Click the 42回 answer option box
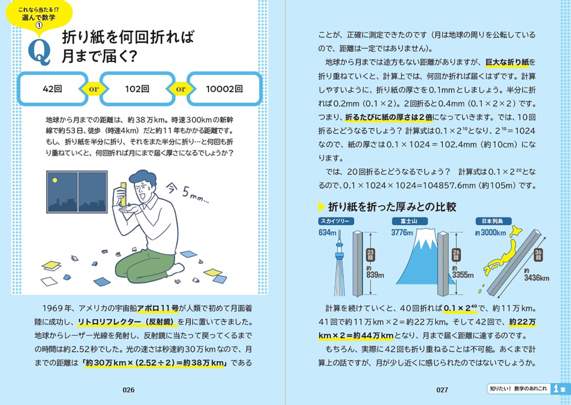click(x=53, y=89)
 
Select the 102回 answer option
click(x=137, y=89)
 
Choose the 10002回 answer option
click(x=224, y=89)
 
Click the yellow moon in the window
click(x=55, y=180)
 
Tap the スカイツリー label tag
click(x=336, y=221)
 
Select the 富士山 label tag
click(x=410, y=221)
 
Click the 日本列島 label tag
click(x=493, y=221)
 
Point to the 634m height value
click(x=327, y=233)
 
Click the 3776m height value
click(x=402, y=233)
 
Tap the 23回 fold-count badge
click(x=370, y=255)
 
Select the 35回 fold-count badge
click(x=538, y=255)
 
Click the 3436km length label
click(x=536, y=277)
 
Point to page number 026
click(x=128, y=390)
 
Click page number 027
click(x=442, y=390)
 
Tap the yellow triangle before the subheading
click(x=321, y=206)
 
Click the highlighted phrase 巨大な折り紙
click(x=507, y=62)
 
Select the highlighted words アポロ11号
click(x=158, y=308)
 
